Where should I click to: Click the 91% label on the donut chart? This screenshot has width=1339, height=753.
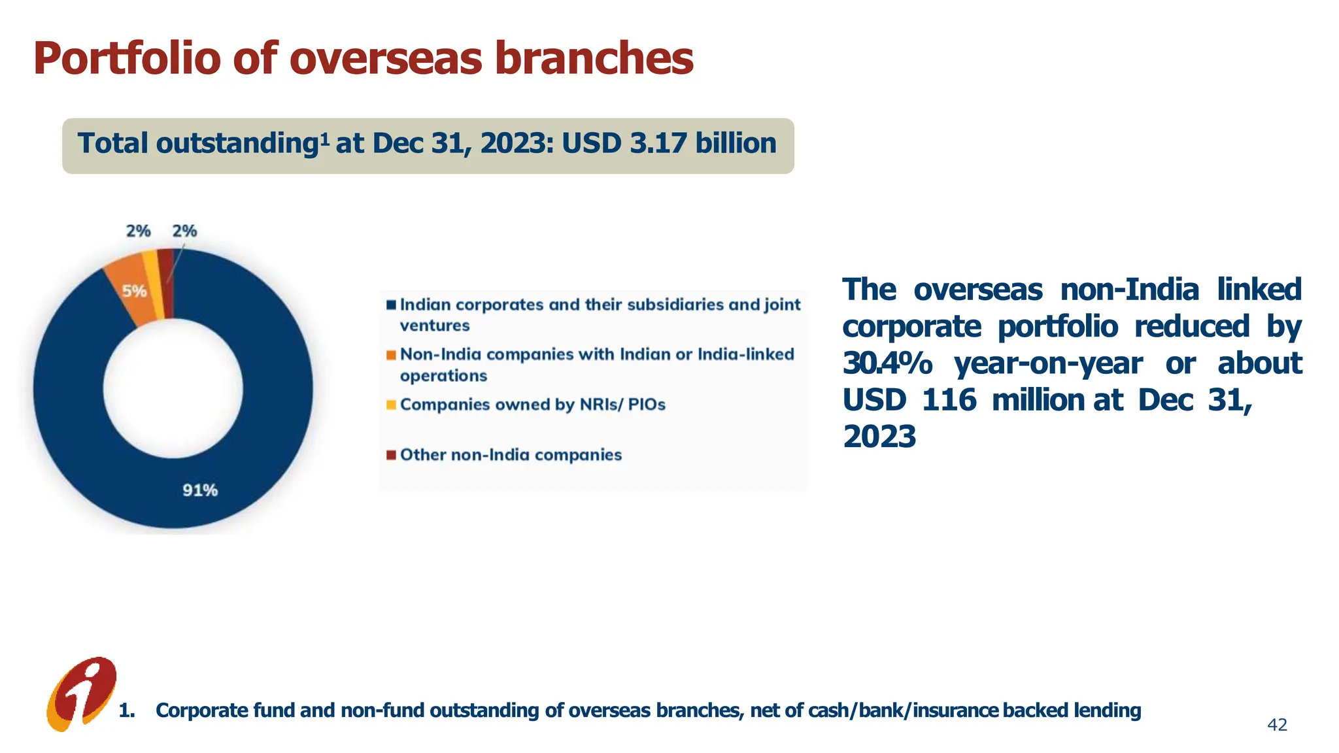point(200,490)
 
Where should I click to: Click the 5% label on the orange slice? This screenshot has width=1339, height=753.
point(135,292)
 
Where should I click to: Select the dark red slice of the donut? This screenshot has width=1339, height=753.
point(167,282)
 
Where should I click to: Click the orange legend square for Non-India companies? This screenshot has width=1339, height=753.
point(391,355)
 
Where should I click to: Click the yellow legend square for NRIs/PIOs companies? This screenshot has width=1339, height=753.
point(391,405)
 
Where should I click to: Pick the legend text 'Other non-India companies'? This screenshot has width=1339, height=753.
point(511,455)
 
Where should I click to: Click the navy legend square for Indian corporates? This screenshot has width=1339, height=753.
point(391,305)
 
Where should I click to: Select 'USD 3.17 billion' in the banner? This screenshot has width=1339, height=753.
point(669,144)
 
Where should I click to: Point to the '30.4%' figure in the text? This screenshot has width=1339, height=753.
point(887,363)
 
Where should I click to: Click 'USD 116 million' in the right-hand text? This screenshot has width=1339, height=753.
point(963,400)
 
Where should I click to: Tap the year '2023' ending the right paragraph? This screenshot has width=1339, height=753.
point(879,437)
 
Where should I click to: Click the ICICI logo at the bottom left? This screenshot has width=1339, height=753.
point(82,694)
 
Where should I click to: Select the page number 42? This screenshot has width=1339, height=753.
point(1277,725)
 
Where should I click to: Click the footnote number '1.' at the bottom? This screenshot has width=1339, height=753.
point(127,711)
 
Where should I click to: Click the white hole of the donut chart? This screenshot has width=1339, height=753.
point(173,389)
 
